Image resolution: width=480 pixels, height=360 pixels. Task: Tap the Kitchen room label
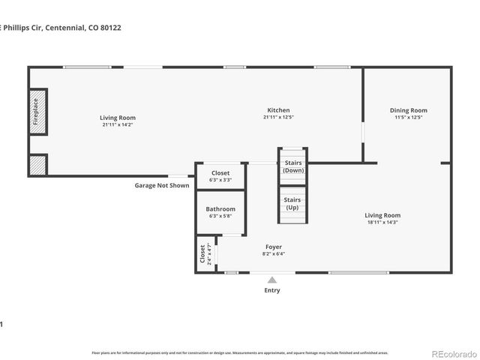pos(276,110)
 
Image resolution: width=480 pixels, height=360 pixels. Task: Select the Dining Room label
pos(408,110)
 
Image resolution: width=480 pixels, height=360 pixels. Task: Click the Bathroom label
pos(220,209)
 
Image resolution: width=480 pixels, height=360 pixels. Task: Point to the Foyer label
pos(274,247)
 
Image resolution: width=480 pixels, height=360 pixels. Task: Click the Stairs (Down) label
pos(292,166)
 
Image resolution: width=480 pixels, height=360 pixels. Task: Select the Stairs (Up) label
pos(292,203)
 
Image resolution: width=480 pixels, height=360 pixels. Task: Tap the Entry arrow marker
pos(271,280)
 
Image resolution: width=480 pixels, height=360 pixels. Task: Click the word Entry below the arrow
pos(271,290)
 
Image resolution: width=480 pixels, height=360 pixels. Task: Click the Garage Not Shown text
pos(162,185)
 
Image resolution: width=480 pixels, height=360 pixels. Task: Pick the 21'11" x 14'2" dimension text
pos(118,124)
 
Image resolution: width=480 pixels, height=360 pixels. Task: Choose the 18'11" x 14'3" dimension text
pos(382,222)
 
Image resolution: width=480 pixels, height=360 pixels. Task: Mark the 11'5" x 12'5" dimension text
pos(408,117)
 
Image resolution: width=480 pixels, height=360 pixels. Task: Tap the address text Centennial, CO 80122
pos(82,28)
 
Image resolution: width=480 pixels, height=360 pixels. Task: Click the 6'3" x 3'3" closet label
pos(220,180)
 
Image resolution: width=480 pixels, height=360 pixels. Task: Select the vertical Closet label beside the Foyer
pos(202,254)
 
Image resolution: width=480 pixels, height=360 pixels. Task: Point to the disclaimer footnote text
pos(240,352)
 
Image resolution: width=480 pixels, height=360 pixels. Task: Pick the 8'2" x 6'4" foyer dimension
pos(274,253)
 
